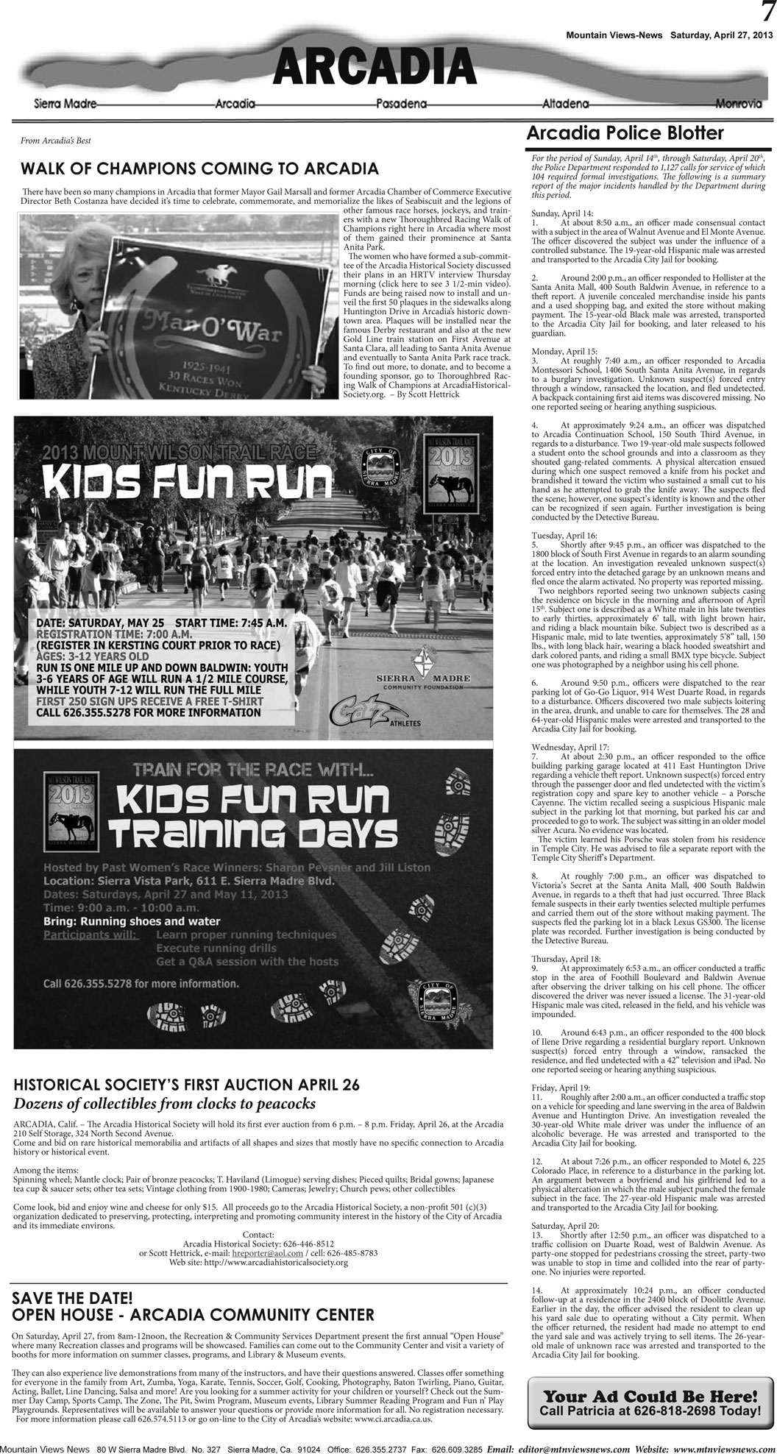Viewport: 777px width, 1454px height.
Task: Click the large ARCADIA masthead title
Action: pos(374,71)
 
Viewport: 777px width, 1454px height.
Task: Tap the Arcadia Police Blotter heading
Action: pos(625,133)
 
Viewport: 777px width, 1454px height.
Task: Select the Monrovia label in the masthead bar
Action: pos(738,104)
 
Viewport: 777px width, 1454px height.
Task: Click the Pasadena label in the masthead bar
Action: pos(401,104)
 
